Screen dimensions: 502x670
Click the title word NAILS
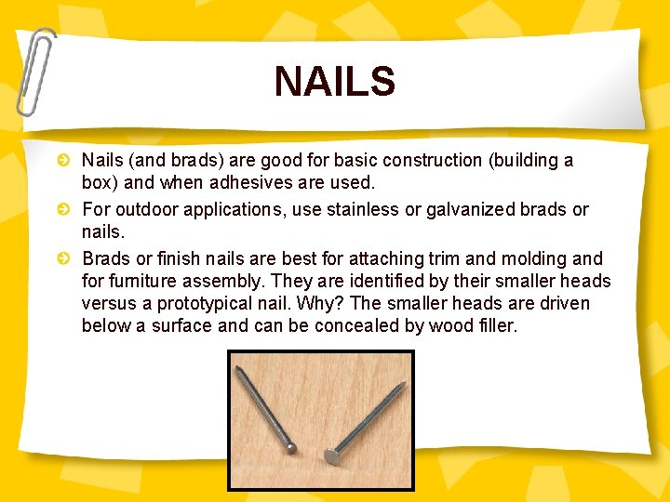click(334, 82)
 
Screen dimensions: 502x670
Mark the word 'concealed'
click(352, 326)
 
